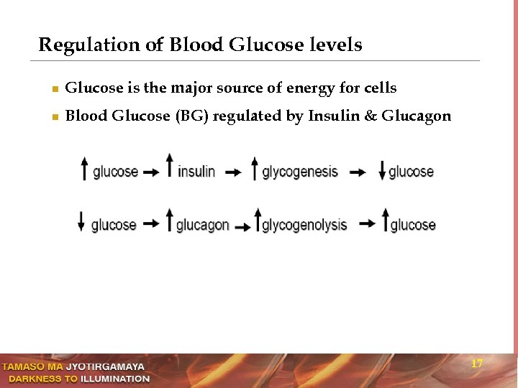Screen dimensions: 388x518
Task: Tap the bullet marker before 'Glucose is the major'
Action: point(55,90)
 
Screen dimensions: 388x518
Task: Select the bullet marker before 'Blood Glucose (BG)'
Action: point(55,117)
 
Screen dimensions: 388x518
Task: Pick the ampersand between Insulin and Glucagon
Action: point(371,116)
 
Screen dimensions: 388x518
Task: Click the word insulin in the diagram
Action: point(196,172)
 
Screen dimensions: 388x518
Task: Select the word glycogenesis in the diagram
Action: point(300,172)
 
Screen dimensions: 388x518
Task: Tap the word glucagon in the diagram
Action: point(202,225)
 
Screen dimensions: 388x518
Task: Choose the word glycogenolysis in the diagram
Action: point(304,226)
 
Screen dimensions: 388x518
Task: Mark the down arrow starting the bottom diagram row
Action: point(81,221)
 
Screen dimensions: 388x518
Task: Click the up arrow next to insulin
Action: point(170,165)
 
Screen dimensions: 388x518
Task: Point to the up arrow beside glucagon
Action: point(170,219)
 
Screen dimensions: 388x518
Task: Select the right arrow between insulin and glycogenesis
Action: point(232,172)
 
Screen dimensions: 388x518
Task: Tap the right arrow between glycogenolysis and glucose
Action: point(367,224)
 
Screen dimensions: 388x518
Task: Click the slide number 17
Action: point(476,364)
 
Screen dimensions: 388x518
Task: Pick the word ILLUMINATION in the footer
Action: point(115,379)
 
